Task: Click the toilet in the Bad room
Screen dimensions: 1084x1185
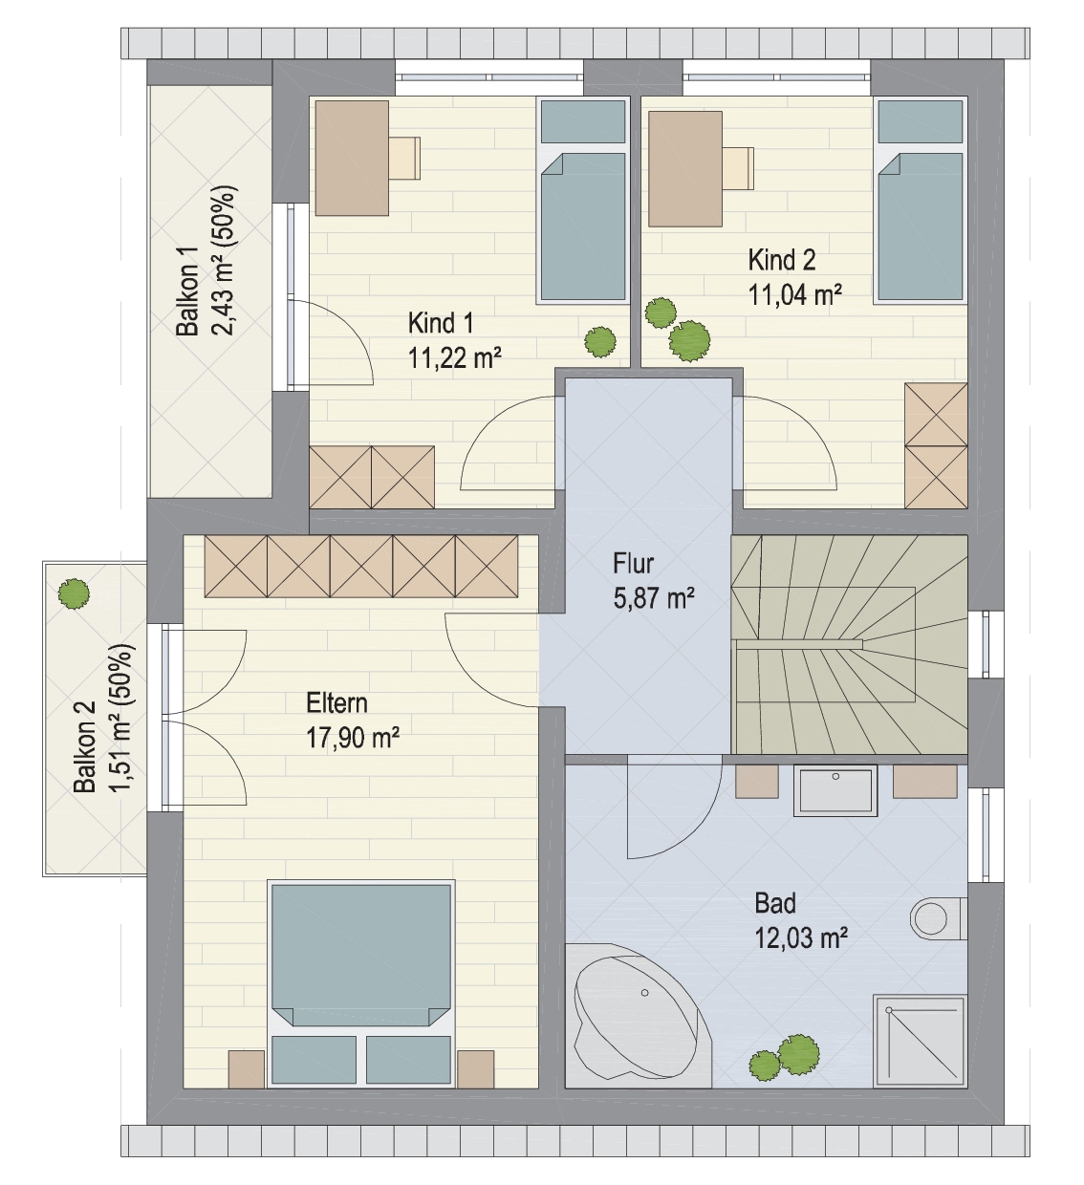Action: click(938, 918)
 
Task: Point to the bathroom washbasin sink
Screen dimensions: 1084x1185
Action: click(835, 790)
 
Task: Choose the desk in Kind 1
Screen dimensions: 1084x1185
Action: click(352, 158)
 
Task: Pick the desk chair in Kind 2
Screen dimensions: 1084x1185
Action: click(739, 168)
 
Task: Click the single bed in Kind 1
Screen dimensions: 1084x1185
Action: click(583, 201)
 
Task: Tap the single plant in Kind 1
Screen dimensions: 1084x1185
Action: click(600, 341)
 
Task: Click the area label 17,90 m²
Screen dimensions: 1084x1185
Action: click(353, 737)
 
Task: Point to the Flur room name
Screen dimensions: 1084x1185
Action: click(633, 564)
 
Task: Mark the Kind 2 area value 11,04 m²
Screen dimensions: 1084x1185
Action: click(795, 294)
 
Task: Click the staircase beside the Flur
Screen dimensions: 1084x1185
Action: click(850, 644)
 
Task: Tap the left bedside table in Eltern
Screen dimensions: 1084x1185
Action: click(247, 1069)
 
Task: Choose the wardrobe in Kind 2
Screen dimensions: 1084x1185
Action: click(936, 445)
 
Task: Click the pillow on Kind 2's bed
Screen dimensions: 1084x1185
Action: click(921, 121)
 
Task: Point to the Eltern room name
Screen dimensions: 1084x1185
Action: click(336, 703)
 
